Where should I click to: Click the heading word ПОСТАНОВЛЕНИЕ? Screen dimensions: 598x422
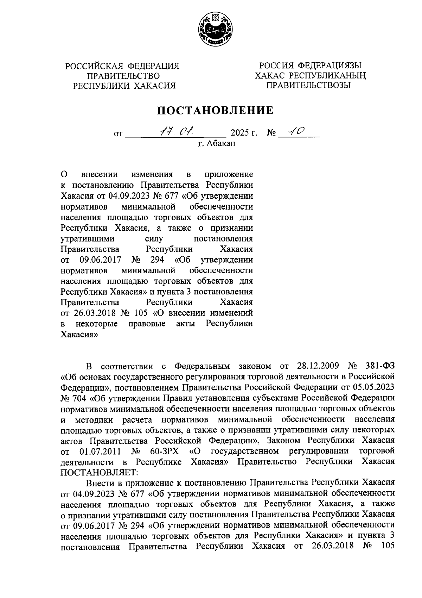[215, 111]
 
